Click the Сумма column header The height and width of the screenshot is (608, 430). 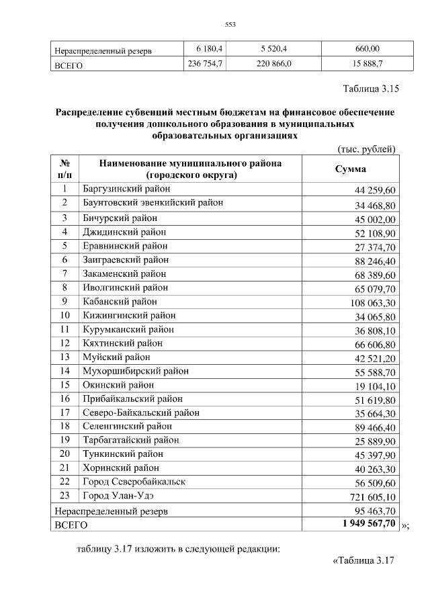click(x=350, y=169)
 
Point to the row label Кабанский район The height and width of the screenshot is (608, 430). click(x=120, y=301)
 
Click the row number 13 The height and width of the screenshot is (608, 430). click(x=65, y=357)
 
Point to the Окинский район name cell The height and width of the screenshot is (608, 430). click(x=118, y=384)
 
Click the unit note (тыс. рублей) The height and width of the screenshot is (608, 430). click(x=365, y=148)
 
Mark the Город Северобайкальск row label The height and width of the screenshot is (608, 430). click(x=134, y=481)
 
